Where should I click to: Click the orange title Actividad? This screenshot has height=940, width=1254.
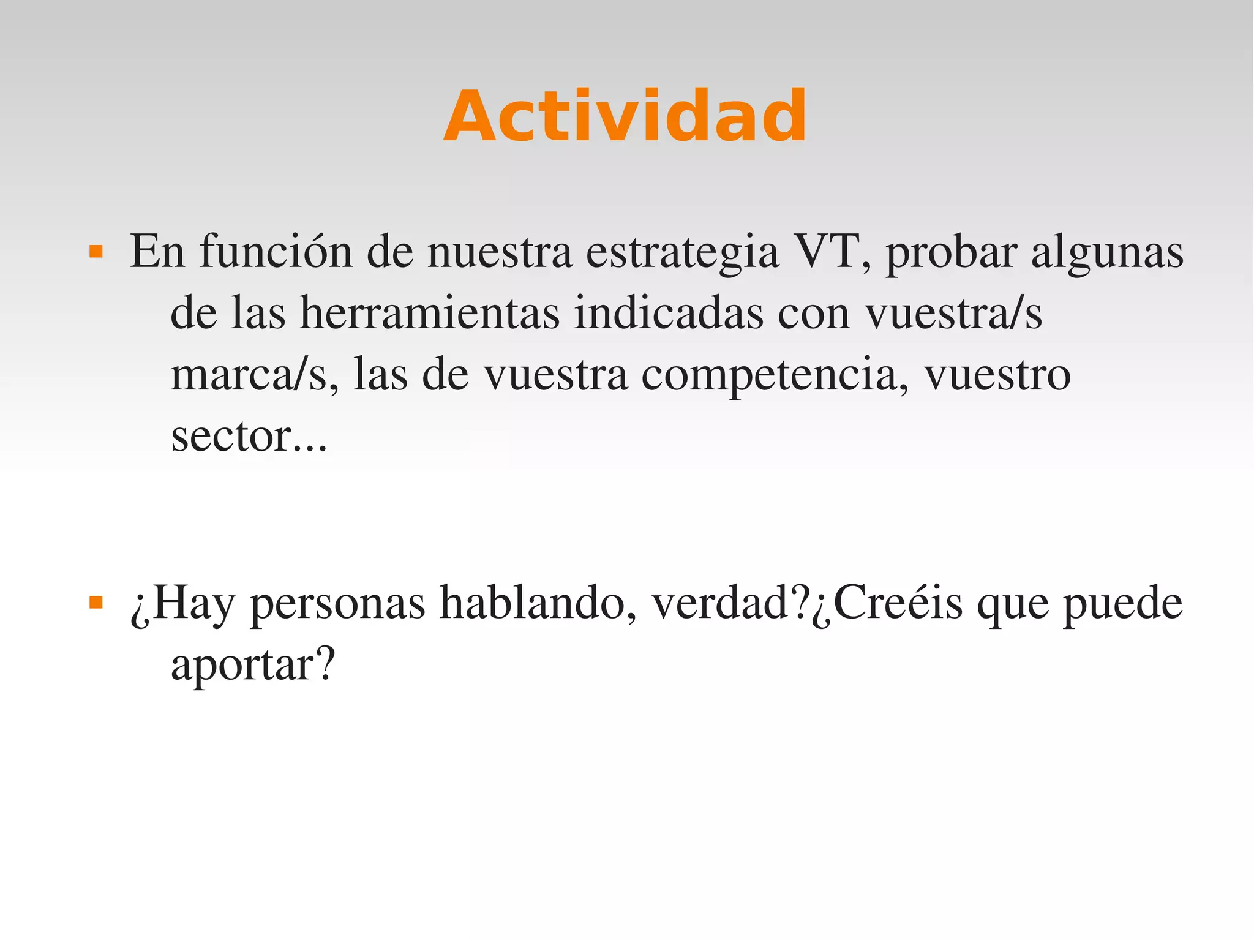625,116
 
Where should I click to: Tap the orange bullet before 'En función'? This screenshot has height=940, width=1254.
96,252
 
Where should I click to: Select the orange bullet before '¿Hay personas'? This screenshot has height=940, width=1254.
96,603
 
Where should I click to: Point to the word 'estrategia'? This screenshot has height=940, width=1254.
682,252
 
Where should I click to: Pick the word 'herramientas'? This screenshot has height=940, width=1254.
429,313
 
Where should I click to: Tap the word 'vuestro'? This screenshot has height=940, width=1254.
997,375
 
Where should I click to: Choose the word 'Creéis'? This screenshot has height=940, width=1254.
898,603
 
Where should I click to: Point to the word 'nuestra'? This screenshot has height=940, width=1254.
500,252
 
